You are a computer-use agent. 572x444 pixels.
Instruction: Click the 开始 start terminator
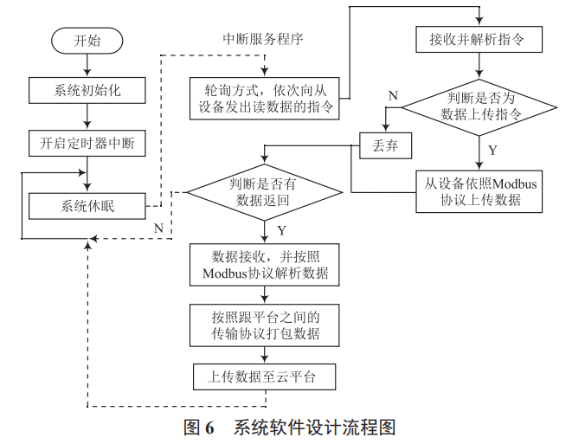(x=87, y=40)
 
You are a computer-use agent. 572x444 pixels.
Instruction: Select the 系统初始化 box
(x=87, y=89)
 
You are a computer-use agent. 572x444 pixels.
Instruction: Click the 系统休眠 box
(x=87, y=206)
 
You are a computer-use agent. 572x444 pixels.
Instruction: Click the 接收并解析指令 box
(x=478, y=40)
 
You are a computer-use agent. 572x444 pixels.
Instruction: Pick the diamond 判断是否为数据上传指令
(x=478, y=106)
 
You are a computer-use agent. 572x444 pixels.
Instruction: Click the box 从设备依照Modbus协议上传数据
(x=478, y=190)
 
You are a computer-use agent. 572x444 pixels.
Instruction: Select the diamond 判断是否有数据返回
(x=264, y=191)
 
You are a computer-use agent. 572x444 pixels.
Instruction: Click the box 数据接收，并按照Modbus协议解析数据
(x=264, y=265)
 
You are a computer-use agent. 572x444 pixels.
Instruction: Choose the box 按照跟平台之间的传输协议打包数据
(x=264, y=325)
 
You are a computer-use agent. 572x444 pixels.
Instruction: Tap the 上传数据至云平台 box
(x=264, y=377)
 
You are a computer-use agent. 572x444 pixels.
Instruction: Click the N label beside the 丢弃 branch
(x=393, y=95)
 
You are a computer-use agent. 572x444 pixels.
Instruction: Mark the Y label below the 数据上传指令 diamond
(x=492, y=150)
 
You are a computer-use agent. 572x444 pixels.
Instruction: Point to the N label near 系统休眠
(x=158, y=228)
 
